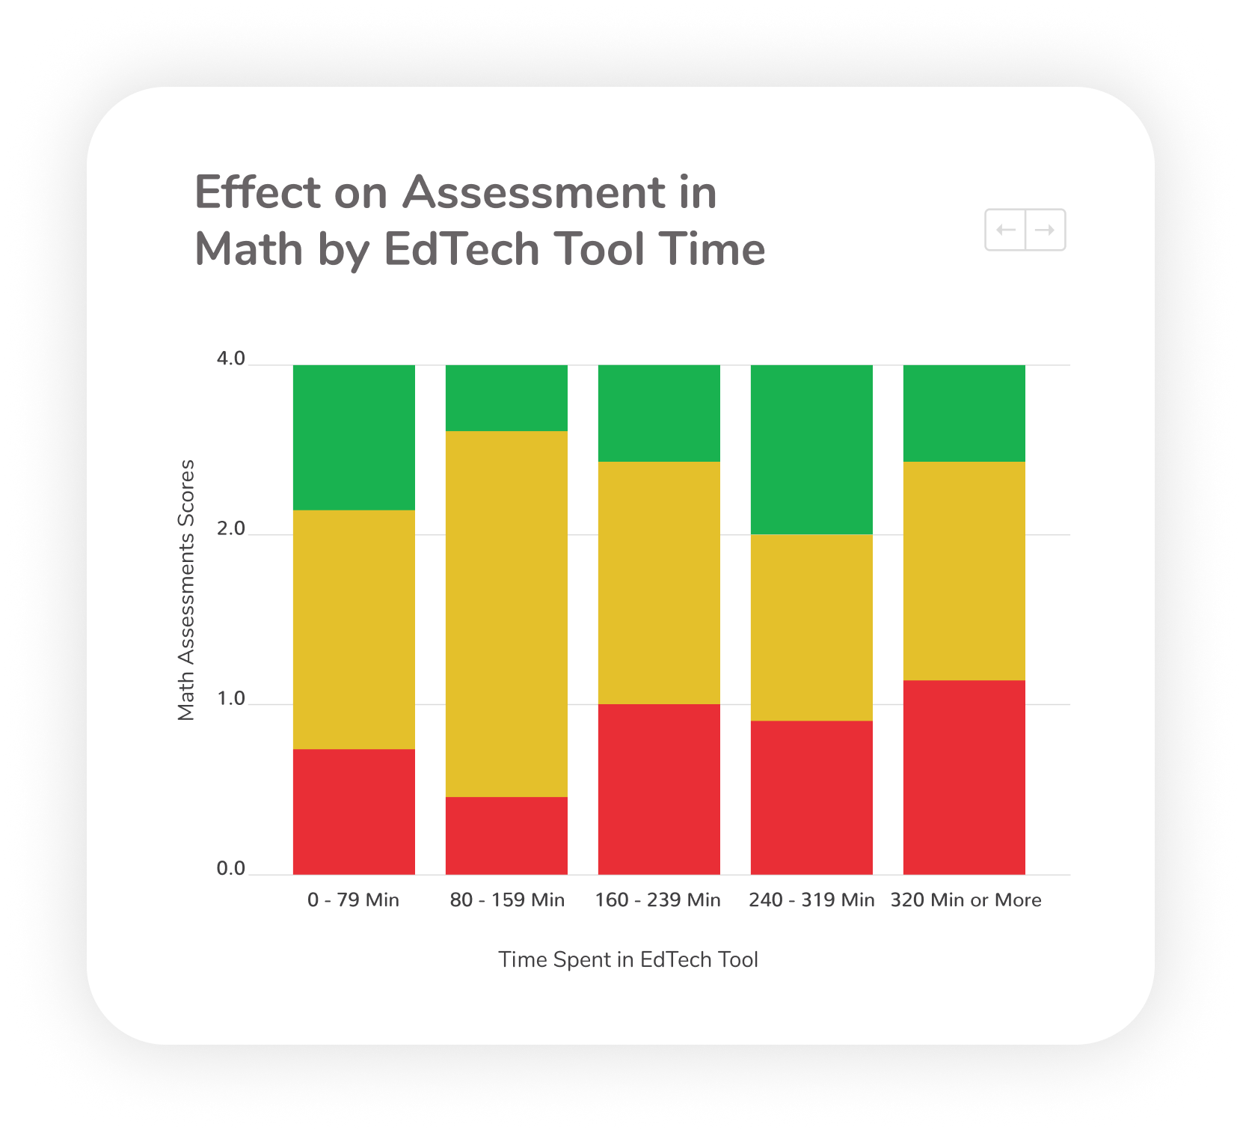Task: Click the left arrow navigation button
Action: [1005, 230]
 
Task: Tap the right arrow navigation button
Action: [1046, 230]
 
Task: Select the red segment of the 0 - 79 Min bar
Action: [354, 811]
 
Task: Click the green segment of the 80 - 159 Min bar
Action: [506, 398]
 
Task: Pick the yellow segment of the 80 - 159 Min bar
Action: [506, 614]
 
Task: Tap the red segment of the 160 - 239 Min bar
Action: [659, 789]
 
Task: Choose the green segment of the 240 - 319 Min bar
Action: [811, 450]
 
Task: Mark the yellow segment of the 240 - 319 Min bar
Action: [811, 627]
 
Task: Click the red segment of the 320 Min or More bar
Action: [964, 777]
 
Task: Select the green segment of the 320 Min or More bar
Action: [964, 413]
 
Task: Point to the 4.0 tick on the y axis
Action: [231, 358]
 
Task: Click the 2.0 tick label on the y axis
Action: [231, 528]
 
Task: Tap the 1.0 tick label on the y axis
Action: [231, 698]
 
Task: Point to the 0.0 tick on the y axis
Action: [231, 868]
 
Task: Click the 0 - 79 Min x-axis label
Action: [354, 900]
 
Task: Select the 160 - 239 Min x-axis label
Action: [658, 900]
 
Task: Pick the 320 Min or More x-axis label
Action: [966, 900]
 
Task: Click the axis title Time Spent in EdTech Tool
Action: [628, 959]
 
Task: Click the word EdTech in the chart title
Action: [461, 249]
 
